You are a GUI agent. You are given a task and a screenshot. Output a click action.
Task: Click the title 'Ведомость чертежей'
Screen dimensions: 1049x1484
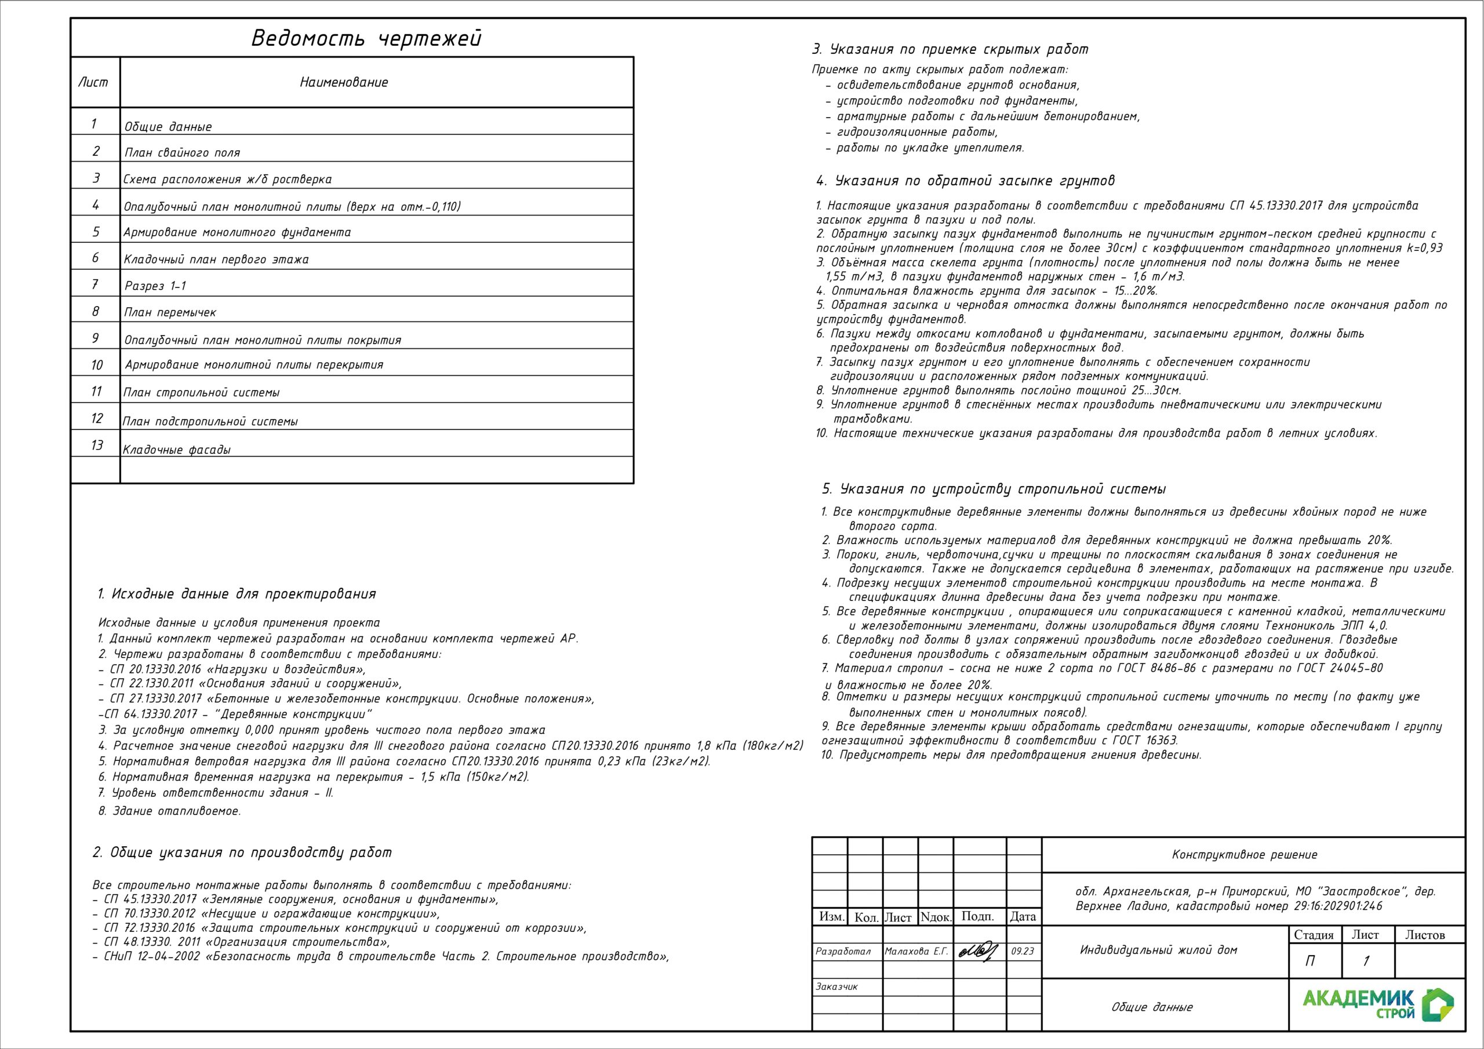pos(366,39)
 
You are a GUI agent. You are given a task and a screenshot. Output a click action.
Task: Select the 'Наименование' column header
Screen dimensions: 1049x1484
pos(344,82)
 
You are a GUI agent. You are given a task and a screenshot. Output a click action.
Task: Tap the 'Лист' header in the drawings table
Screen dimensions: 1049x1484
pos(94,82)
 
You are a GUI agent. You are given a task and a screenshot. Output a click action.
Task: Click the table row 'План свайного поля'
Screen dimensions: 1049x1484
pos(182,152)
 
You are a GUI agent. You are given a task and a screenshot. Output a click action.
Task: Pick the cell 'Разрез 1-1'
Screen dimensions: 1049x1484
pos(155,286)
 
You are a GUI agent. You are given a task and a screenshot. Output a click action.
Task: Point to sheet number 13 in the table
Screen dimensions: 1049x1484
pos(97,445)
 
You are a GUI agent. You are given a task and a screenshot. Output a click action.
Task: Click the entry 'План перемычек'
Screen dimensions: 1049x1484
pos(170,312)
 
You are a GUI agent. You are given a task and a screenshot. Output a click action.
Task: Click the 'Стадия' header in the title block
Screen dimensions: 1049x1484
pos(1314,935)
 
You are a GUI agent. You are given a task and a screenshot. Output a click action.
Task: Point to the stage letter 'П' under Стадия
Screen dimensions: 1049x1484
pos(1310,961)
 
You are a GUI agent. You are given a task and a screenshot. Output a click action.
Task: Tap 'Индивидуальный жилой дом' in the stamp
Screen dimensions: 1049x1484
pos(1158,950)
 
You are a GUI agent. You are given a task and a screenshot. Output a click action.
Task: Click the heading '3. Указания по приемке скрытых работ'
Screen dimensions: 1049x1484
pos(950,49)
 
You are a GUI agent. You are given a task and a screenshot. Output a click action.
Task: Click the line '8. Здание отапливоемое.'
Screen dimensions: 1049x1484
pos(169,811)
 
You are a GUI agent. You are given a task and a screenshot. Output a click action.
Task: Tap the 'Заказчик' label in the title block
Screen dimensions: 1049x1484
pos(836,987)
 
